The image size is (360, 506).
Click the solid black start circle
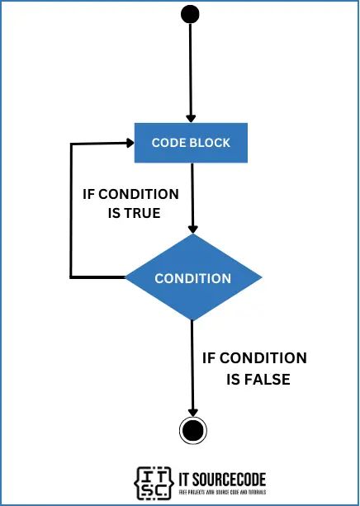click(x=191, y=14)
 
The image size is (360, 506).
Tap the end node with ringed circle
click(x=192, y=429)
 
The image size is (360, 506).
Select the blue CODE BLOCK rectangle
click(x=191, y=143)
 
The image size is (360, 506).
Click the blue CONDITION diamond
click(x=192, y=277)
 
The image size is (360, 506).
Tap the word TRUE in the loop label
click(x=140, y=213)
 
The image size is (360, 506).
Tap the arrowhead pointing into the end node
click(x=192, y=412)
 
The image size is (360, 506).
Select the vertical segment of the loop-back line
click(x=72, y=210)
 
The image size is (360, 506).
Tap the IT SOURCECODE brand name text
click(x=221, y=477)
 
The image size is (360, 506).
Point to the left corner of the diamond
click(x=126, y=277)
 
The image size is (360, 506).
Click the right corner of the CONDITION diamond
click(x=260, y=277)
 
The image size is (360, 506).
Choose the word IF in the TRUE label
click(x=91, y=195)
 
